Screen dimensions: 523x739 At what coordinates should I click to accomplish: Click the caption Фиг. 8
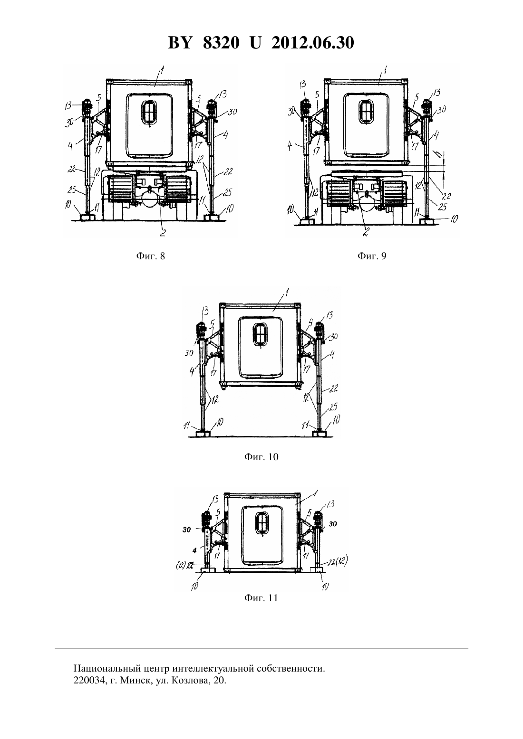(x=150, y=256)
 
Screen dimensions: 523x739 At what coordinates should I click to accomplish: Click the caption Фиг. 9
(x=371, y=256)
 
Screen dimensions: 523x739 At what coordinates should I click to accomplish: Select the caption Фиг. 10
(x=261, y=456)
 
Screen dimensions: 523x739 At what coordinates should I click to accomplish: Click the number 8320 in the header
(x=221, y=43)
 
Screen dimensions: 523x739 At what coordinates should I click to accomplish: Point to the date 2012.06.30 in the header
(x=313, y=43)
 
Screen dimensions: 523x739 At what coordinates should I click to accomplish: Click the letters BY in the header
(x=180, y=43)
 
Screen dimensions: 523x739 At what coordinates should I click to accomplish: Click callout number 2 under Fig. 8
(x=163, y=233)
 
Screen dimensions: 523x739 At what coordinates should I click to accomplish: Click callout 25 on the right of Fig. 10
(x=333, y=407)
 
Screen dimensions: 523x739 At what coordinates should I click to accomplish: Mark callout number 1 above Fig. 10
(x=287, y=292)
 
